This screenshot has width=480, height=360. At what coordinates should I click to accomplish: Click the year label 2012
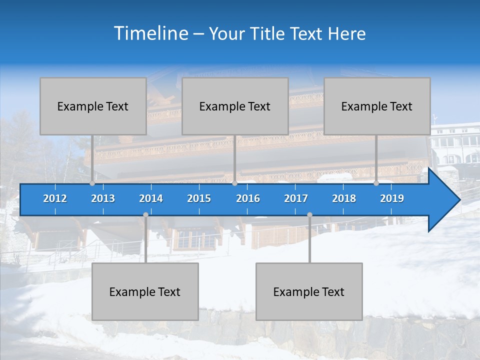point(55,198)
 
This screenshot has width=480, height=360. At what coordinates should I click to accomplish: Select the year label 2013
point(103,198)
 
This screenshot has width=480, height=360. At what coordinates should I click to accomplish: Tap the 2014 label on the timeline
point(151,198)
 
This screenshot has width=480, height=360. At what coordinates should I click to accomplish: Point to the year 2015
point(199,198)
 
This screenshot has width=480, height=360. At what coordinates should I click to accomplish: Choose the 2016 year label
point(248,198)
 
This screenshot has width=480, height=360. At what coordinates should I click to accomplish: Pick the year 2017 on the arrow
point(296,198)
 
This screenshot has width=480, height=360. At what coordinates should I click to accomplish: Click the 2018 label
point(344,198)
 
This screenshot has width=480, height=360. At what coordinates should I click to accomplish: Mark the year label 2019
point(392,198)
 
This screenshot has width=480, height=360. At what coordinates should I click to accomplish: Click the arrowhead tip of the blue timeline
point(458,199)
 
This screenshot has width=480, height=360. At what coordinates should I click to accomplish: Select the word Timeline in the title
point(150,33)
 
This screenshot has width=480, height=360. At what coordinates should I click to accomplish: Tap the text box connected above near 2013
point(93,106)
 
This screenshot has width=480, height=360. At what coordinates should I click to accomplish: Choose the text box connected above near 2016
point(235,106)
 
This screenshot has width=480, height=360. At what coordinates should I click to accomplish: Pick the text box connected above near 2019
point(377,106)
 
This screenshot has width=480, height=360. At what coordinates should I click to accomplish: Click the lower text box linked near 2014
point(145,291)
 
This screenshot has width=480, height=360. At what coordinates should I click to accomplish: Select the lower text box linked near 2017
point(309,291)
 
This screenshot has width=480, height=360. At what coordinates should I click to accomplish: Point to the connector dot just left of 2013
point(92,183)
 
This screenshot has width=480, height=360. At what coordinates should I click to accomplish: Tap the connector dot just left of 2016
point(234,183)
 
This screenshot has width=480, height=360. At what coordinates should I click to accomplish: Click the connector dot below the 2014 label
point(145,215)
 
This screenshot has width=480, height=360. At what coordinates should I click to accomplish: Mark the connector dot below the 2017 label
point(309,215)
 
